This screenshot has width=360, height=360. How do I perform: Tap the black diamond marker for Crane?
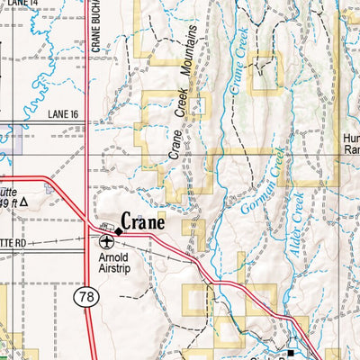(118, 231)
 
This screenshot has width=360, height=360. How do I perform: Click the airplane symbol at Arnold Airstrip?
(107, 241)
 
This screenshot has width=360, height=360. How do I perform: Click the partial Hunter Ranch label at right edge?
(351, 145)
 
